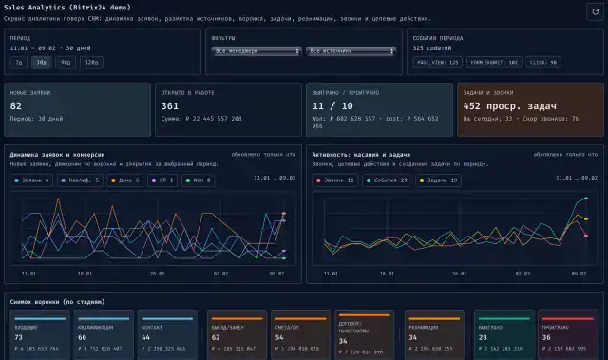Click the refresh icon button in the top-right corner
pos(595,10)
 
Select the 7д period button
pos(19,63)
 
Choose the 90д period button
pos(65,63)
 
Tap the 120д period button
pos(90,63)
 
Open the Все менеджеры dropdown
pos(256,51)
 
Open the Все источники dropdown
pos(350,51)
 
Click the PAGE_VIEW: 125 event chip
pos(438,62)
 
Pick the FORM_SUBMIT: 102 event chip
pos(494,62)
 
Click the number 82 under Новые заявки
pos(16,106)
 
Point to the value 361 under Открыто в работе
pos(170,106)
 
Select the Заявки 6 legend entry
pos(36,180)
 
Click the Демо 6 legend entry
pos(124,180)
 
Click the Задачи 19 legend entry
pos(438,180)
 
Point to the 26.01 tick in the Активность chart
pos(460,273)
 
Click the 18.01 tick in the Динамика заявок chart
pos(85,273)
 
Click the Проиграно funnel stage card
pos(568,335)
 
